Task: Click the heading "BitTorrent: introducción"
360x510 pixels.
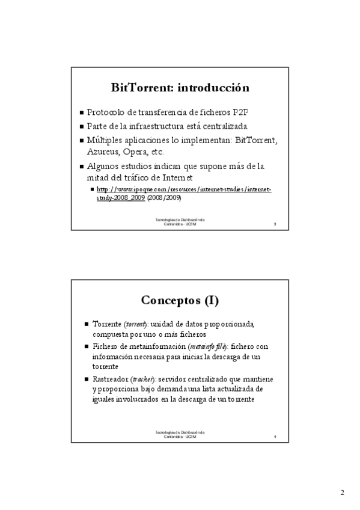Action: (180, 88)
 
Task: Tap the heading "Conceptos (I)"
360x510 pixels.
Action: (180, 300)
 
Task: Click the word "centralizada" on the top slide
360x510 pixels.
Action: (223, 126)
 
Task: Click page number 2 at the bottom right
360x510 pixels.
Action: (342, 493)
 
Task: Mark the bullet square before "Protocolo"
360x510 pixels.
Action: (82, 113)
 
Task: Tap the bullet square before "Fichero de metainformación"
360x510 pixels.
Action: (87, 348)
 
